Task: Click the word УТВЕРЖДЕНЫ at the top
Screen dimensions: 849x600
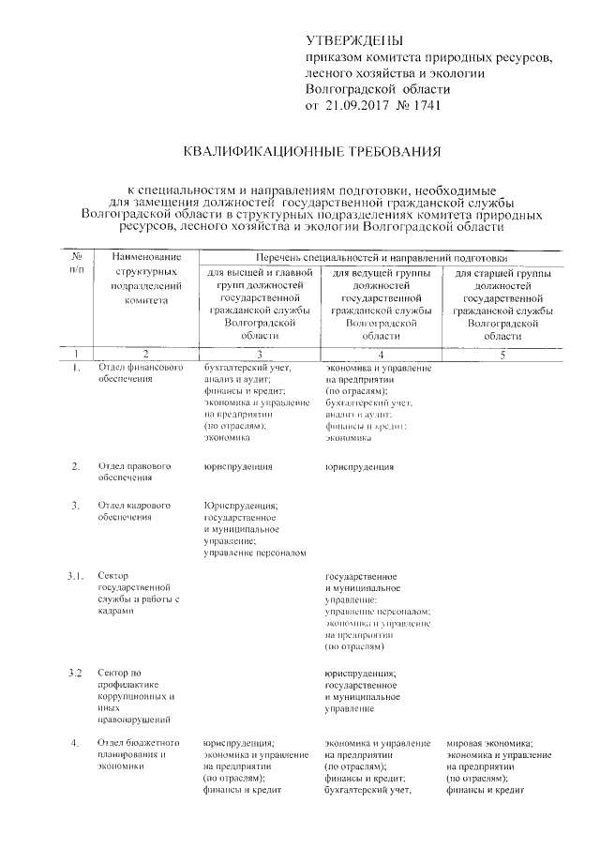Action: click(355, 41)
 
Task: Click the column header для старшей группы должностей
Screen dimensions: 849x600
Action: click(502, 303)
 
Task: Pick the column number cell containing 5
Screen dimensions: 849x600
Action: click(502, 355)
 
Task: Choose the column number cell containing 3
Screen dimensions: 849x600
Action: click(259, 355)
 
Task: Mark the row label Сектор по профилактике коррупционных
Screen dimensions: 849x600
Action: click(136, 696)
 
